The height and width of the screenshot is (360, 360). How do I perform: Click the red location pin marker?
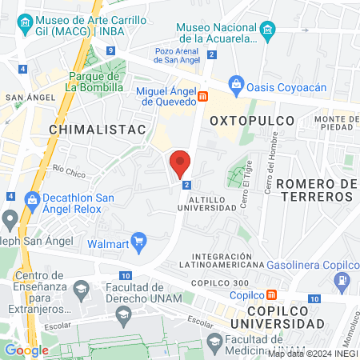181,162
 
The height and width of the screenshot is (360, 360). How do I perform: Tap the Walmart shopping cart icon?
140,239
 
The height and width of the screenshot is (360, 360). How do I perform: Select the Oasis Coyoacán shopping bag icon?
237,83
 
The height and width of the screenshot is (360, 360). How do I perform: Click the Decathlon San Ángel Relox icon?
33,199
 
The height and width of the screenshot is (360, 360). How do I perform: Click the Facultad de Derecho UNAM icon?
123,317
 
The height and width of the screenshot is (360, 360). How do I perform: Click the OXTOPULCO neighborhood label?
252,120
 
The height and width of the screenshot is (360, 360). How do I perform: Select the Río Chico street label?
69,170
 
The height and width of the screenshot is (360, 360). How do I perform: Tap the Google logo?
26,350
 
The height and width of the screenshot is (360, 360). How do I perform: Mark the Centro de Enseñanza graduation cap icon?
81,286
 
